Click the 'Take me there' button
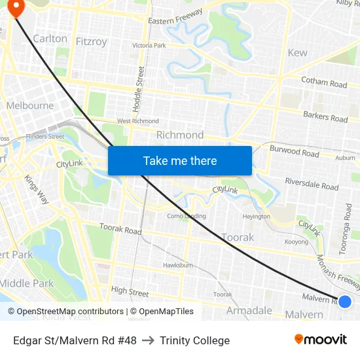point(180,160)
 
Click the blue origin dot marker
point(345,301)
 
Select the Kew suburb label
point(297,52)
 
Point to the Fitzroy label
point(91,41)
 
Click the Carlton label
point(50,39)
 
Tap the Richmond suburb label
point(180,135)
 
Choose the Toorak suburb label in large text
point(238,237)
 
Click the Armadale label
point(249,310)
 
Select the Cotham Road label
point(324,82)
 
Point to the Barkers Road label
point(325,117)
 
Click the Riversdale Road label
point(312,183)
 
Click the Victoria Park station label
point(149,46)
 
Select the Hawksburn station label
point(177,266)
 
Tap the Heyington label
point(256,216)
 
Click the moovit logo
point(321,340)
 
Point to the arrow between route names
point(148,340)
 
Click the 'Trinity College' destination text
point(194,340)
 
